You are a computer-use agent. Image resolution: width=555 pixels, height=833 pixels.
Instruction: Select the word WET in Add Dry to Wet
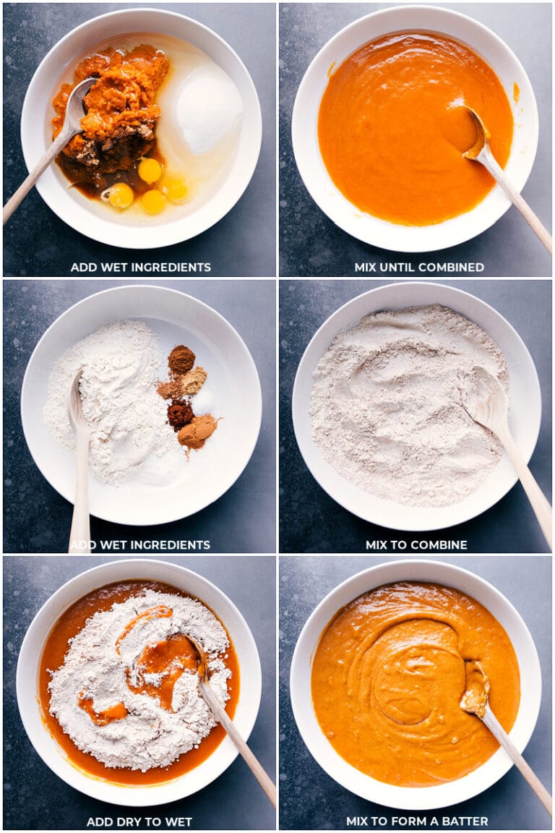tap(178, 821)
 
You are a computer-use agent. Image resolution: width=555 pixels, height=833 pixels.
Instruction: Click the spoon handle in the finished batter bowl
tap(517, 759)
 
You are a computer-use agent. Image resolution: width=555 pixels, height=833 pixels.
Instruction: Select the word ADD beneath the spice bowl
tap(81, 545)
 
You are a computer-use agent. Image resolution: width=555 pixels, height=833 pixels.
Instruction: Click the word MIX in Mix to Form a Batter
tap(358, 821)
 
